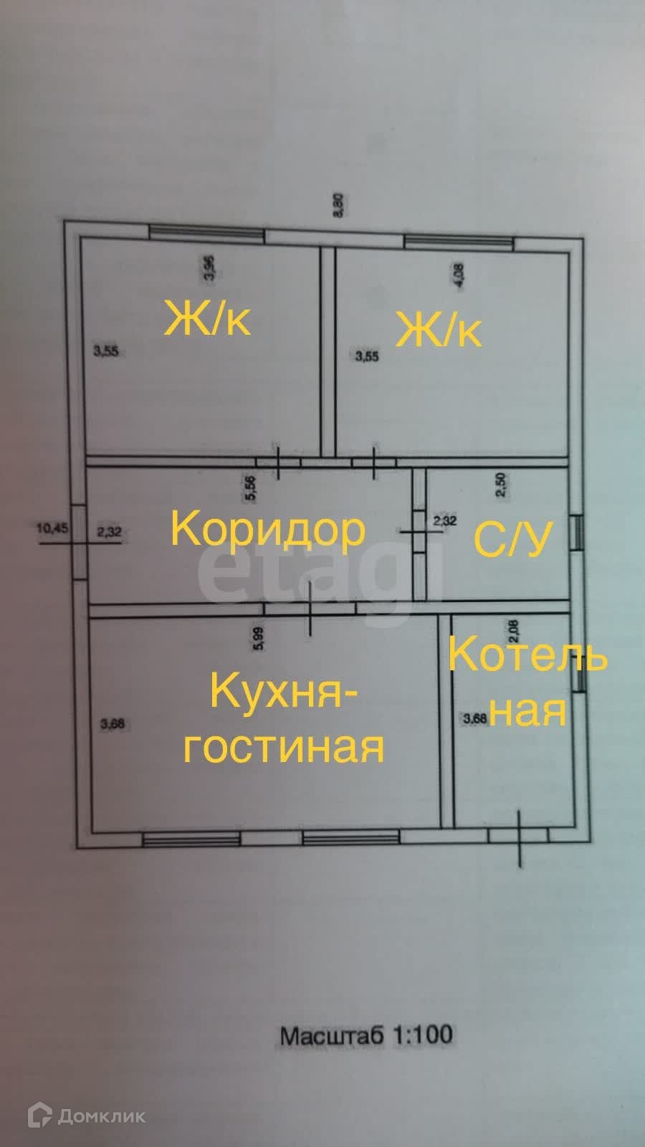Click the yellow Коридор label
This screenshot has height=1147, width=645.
coord(268,530)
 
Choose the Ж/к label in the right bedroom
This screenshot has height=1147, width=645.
coord(439,330)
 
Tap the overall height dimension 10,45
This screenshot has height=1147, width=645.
coord(52,528)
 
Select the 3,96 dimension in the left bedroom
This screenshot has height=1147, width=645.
coord(209,267)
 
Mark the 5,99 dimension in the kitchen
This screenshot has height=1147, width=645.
coord(259,637)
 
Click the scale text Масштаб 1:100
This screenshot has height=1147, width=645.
coord(365,1034)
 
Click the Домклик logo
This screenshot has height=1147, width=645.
coord(87,1115)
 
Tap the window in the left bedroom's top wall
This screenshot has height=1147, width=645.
coord(206,234)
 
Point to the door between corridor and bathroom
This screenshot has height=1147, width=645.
coord(419,530)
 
